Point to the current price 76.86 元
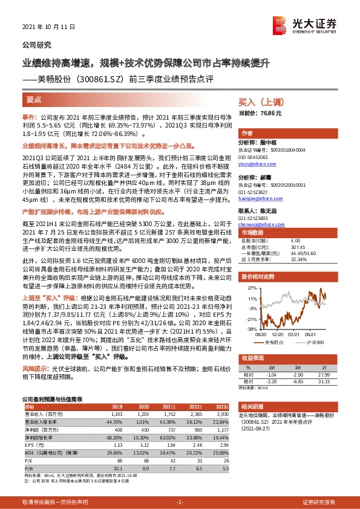pos(269,114)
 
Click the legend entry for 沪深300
pos(316,342)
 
